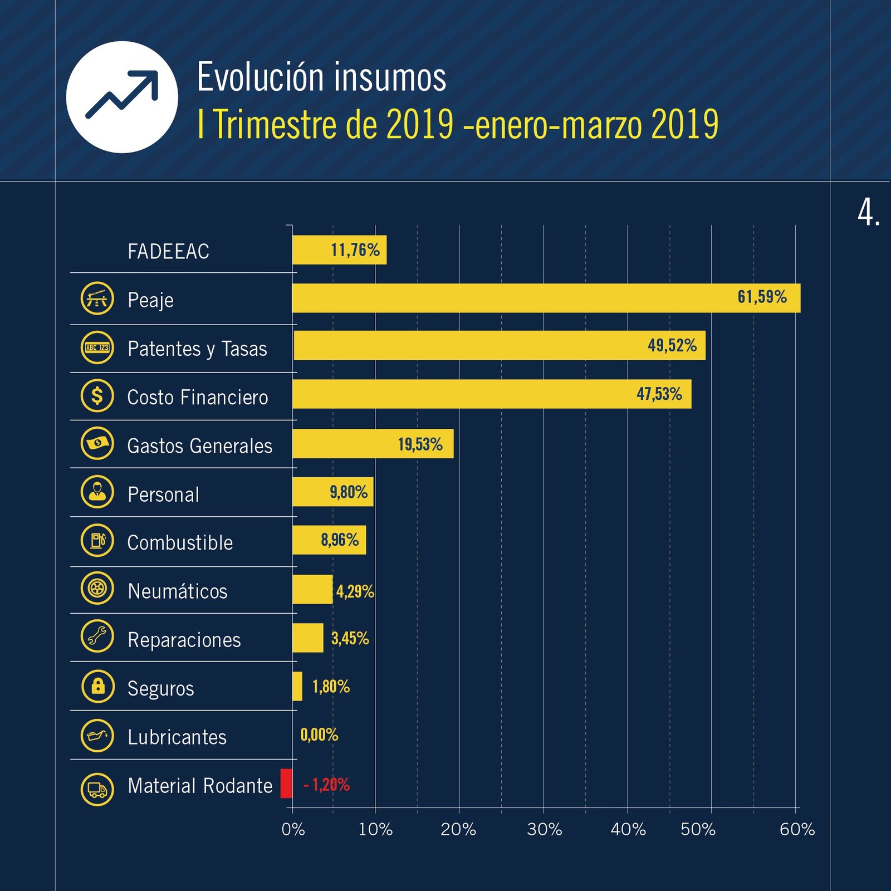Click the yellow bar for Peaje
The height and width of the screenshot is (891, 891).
(x=546, y=298)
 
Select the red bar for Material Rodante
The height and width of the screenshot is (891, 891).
(x=286, y=783)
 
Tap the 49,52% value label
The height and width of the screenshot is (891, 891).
(x=672, y=345)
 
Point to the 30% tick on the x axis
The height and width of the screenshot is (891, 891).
(x=544, y=829)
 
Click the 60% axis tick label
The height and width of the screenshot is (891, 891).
(x=797, y=829)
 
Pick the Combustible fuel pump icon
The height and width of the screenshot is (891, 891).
(x=97, y=540)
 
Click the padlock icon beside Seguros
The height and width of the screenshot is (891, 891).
(x=97, y=686)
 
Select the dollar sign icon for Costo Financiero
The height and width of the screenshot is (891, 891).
(x=97, y=395)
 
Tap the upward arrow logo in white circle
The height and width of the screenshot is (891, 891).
(x=122, y=97)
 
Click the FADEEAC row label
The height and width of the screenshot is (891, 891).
(x=168, y=251)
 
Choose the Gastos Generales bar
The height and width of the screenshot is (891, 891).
(x=373, y=444)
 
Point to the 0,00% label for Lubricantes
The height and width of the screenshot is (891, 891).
(x=319, y=735)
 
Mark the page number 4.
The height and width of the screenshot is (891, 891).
(x=868, y=212)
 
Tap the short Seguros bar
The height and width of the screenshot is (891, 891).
(x=297, y=686)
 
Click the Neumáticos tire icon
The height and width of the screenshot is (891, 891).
(x=97, y=588)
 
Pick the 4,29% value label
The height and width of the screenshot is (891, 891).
(x=355, y=591)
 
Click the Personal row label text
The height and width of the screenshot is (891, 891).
(x=163, y=495)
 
